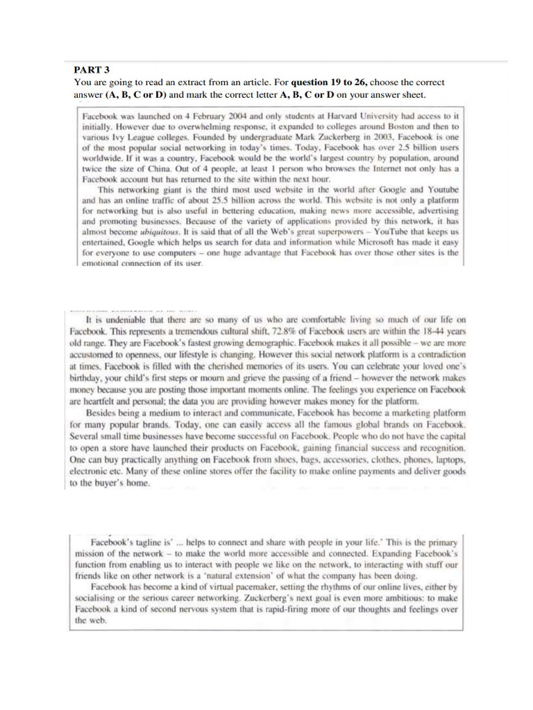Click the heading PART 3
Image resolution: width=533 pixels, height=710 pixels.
pos(92,69)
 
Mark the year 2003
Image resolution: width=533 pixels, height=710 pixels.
pos(330,137)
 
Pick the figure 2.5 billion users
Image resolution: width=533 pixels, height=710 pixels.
pos(423,148)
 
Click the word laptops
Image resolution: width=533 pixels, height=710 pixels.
pos(442,460)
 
